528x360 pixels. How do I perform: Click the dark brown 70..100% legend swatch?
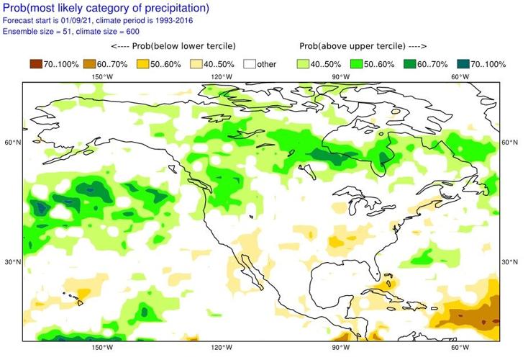click(x=33, y=64)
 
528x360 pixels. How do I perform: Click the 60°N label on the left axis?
click(x=12, y=143)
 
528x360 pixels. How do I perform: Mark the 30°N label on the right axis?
click(x=510, y=261)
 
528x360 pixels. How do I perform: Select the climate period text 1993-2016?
click(x=187, y=21)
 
